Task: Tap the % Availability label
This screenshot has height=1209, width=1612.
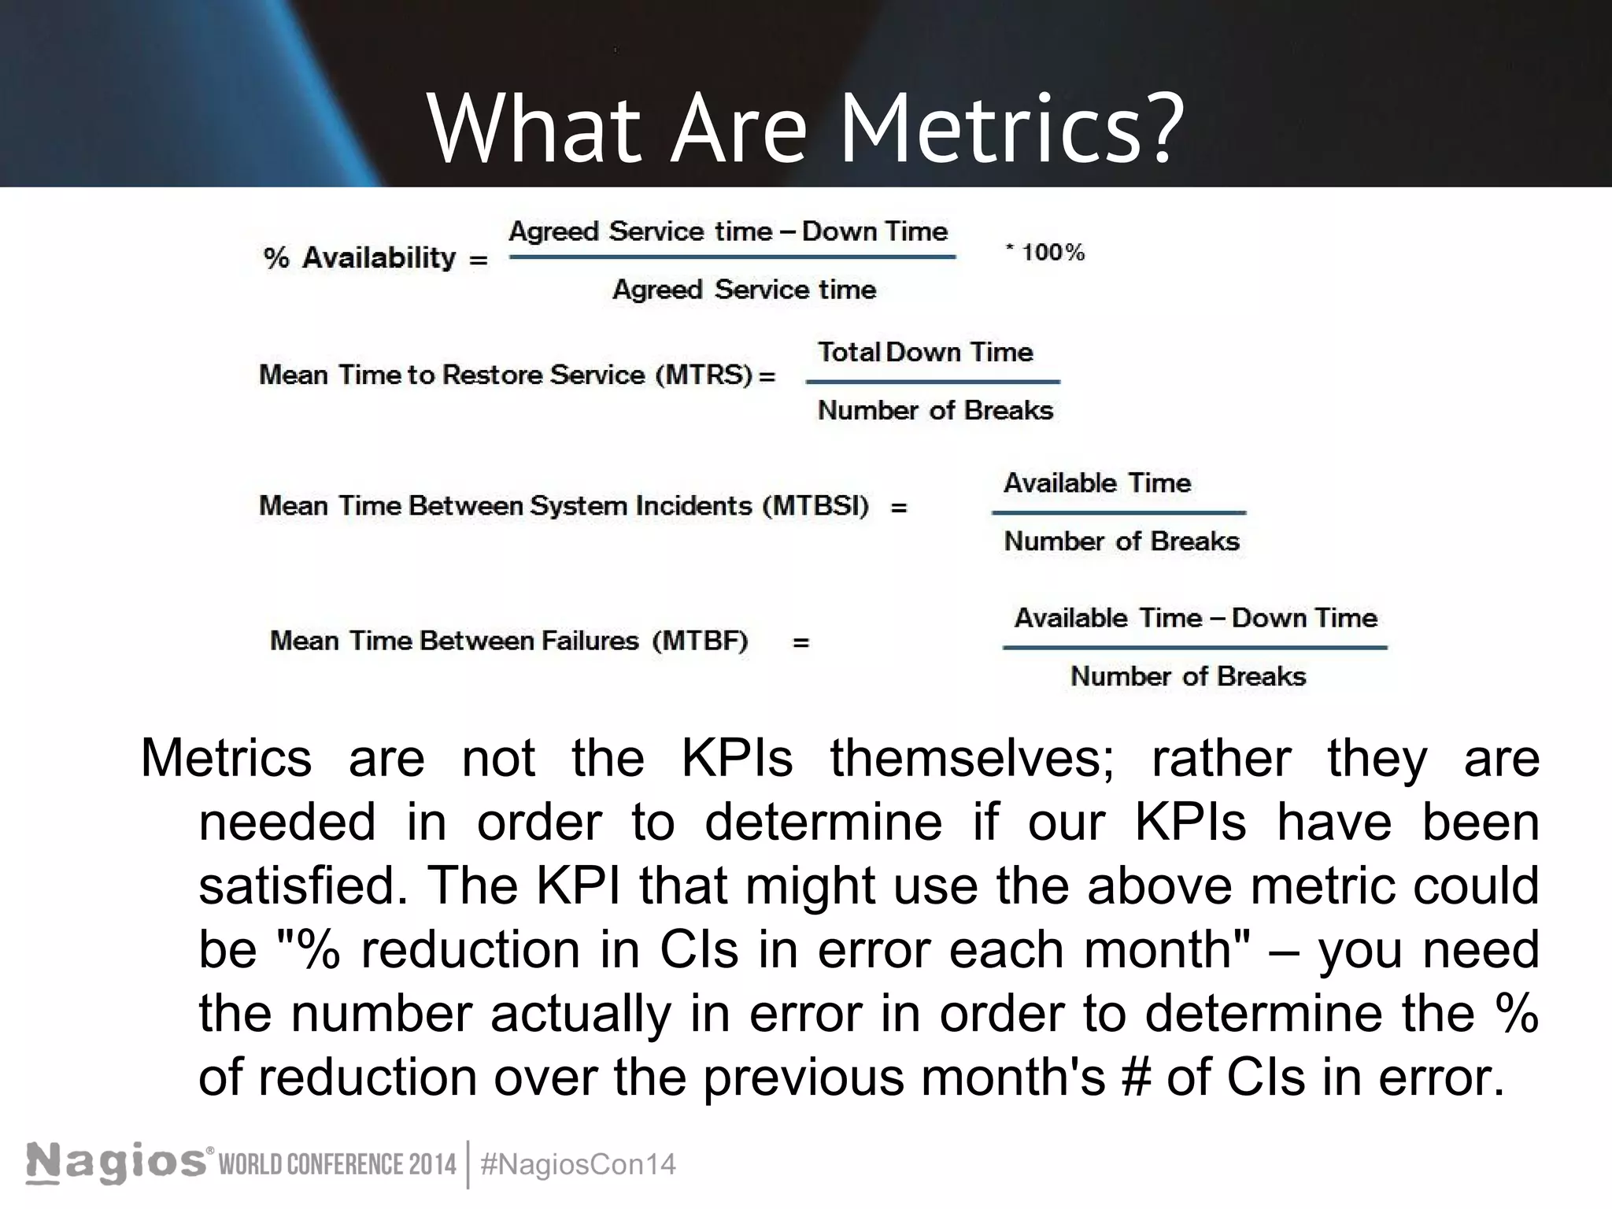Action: (360, 258)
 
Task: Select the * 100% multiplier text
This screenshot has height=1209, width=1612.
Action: (1045, 253)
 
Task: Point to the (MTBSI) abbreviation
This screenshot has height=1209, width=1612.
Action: (816, 505)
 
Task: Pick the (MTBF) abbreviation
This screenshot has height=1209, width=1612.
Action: (700, 641)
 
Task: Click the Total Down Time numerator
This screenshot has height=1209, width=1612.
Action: (925, 352)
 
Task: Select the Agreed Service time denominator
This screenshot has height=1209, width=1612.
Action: (744, 290)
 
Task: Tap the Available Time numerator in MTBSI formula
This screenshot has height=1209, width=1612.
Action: (1097, 482)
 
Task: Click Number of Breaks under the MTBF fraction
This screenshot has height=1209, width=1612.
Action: (1188, 676)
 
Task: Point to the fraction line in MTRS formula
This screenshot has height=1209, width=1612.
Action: (933, 382)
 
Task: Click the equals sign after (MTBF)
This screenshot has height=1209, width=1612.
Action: (800, 642)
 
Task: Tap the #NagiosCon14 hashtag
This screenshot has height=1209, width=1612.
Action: (578, 1164)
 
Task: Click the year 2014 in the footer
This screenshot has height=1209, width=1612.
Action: (431, 1164)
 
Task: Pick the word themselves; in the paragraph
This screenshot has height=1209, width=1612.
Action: (972, 759)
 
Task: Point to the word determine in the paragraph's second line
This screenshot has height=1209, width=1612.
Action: (823, 823)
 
